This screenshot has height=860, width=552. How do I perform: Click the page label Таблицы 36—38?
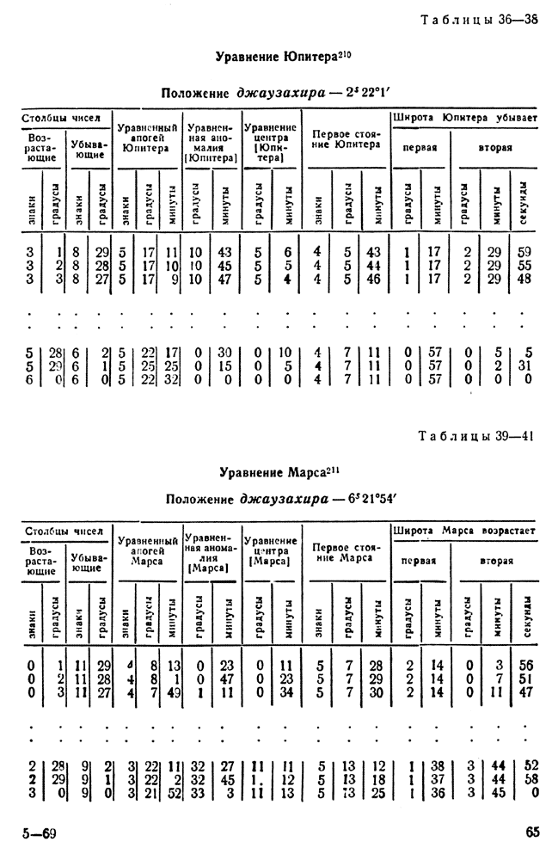click(x=480, y=21)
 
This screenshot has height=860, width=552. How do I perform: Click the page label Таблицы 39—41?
click(x=479, y=435)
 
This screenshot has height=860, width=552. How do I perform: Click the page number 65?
click(x=531, y=831)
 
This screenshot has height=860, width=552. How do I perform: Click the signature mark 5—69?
click(x=39, y=832)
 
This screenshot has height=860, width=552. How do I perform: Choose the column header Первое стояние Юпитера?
click(x=346, y=140)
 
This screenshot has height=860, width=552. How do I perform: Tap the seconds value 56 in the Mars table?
click(x=526, y=664)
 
